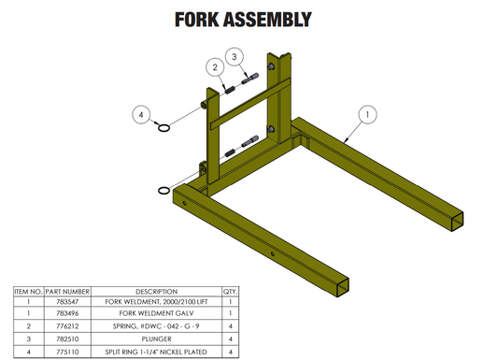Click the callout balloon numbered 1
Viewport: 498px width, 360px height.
[x=367, y=114]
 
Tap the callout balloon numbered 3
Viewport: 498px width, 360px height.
[x=236, y=55]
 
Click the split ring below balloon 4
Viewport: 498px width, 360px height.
[x=164, y=129]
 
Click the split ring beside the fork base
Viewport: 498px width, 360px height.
[x=164, y=192]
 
